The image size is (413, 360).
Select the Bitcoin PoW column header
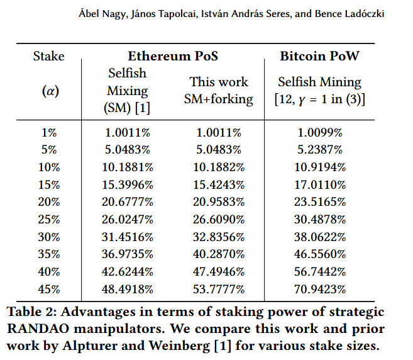pos(321,56)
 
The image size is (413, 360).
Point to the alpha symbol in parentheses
pos(50,91)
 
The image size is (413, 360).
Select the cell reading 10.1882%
pos(219,167)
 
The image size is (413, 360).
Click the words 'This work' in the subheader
pos(219,82)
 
